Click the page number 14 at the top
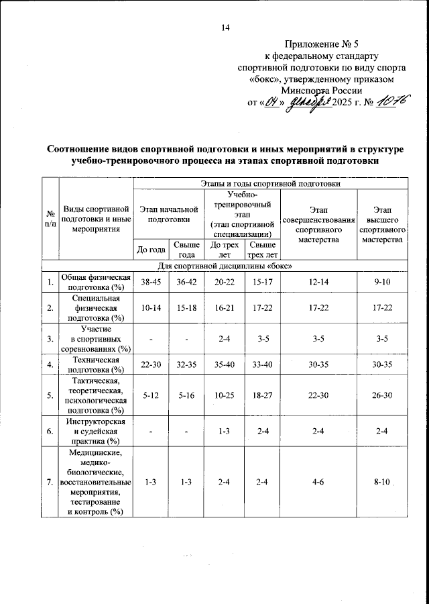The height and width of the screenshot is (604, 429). pyautogui.click(x=225, y=27)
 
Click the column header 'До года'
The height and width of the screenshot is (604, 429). pyautogui.click(x=151, y=250)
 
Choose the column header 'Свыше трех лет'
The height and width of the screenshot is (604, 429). pyautogui.click(x=261, y=250)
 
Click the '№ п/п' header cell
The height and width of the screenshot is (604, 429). pyautogui.click(x=50, y=219)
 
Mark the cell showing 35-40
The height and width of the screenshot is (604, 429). pyautogui.click(x=224, y=365)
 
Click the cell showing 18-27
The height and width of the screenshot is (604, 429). pyautogui.click(x=261, y=396)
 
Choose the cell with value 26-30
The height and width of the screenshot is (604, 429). pyautogui.click(x=382, y=396)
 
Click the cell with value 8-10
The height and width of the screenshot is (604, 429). pyautogui.click(x=382, y=483)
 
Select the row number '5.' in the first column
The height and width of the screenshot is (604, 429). pyautogui.click(x=50, y=396)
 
